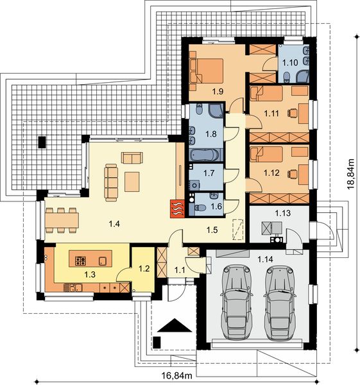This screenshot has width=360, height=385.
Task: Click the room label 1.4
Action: [x=114, y=224]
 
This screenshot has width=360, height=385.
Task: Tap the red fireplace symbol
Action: [x=177, y=209]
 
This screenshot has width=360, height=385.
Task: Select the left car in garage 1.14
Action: [x=237, y=302]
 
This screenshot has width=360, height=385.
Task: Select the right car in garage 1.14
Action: [x=280, y=302]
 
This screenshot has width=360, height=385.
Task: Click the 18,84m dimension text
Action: [x=351, y=174]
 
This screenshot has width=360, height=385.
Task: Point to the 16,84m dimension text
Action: [x=177, y=375]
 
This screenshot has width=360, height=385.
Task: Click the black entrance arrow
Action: [x=175, y=325]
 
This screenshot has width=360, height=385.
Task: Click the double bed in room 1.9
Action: [x=207, y=71]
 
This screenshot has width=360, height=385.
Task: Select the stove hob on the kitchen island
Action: [x=81, y=261]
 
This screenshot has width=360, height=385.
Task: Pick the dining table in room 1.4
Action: [x=62, y=220]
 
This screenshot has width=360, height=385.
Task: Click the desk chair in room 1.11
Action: [x=292, y=113]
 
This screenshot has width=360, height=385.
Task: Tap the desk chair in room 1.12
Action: [x=292, y=173]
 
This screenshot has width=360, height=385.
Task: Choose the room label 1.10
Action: [x=290, y=63]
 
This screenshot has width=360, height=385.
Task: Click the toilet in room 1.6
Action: [x=200, y=208]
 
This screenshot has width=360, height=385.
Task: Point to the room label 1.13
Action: [x=282, y=213]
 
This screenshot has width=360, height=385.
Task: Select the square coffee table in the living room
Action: [x=132, y=182]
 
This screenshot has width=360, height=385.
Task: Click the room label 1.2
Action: [x=144, y=268]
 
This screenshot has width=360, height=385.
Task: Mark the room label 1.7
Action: [x=209, y=173]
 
